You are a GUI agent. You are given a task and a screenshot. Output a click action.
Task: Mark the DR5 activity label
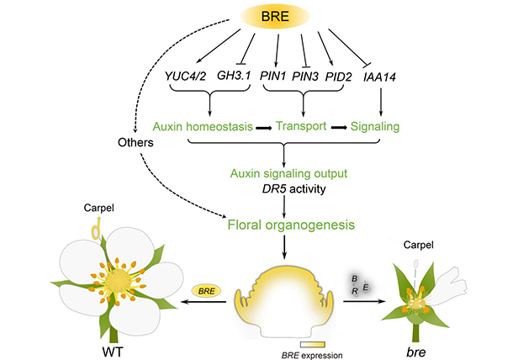point(285,189)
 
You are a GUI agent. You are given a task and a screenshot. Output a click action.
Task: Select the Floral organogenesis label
point(286,225)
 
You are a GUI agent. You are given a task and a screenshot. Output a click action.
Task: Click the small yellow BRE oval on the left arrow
point(206,289)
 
